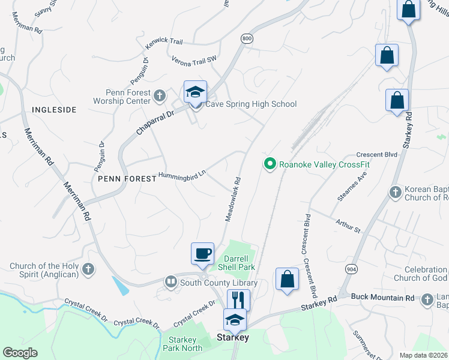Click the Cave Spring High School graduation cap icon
195,92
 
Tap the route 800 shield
246,38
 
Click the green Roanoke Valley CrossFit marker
270,163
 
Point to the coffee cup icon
202,253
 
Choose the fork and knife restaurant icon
238,299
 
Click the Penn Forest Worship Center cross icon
160,95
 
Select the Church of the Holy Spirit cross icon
88,268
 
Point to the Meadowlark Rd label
233,199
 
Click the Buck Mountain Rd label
382,297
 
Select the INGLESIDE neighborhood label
54,110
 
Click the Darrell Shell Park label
235,263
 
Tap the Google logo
20,353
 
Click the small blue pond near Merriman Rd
119,286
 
